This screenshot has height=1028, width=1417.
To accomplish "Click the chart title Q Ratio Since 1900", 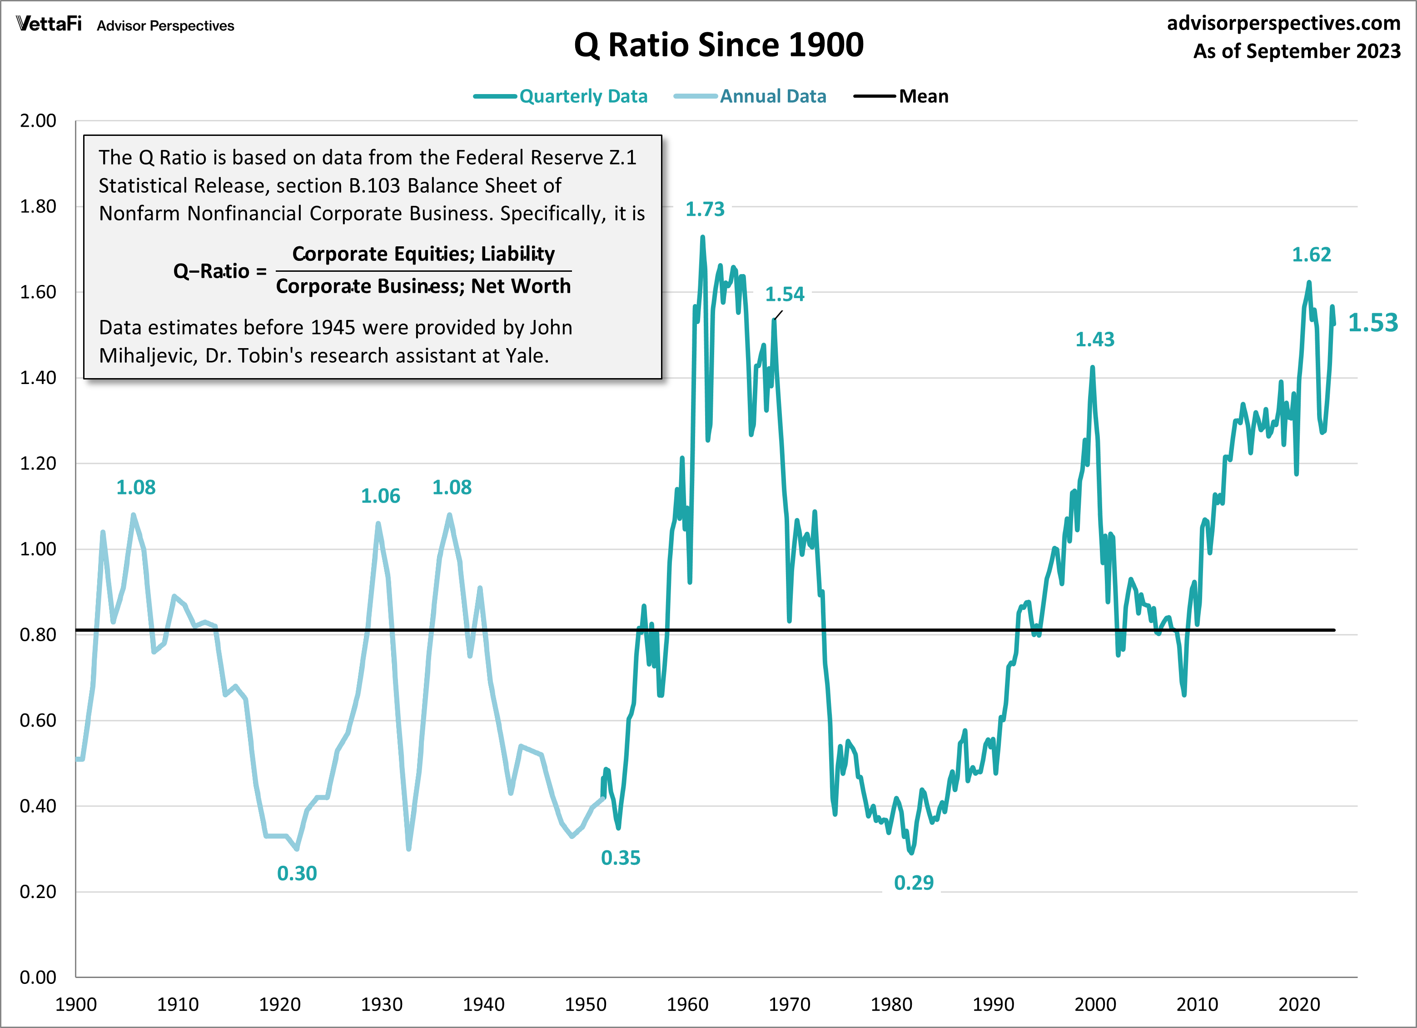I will point(719,45).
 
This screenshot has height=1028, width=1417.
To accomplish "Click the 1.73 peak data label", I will point(704,210).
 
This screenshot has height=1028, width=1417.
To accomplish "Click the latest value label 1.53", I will point(1372,323).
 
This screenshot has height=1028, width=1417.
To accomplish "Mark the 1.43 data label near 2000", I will point(1094,339).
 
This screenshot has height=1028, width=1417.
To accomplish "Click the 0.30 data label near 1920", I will point(297,873).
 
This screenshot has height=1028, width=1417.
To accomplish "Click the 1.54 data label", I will point(784,294).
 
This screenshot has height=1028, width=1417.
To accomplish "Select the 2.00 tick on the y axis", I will point(38,120).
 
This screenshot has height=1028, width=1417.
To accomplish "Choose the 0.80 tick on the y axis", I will point(38,635).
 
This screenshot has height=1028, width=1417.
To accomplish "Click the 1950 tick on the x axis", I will point(586,1004).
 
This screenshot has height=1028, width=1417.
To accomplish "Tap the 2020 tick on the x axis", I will point(1298,1004).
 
